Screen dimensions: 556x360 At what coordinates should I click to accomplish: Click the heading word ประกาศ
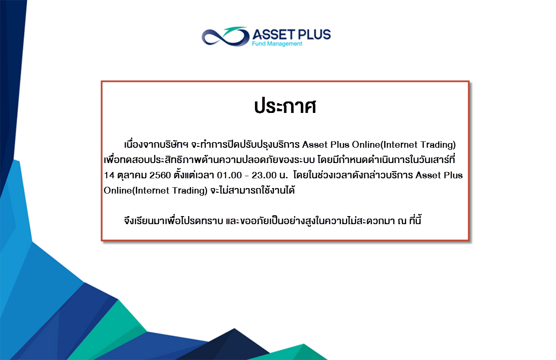(285, 107)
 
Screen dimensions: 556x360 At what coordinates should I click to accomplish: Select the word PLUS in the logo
(315, 34)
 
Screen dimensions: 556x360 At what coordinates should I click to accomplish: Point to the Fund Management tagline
(277, 44)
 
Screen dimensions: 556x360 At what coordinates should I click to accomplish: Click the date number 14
(109, 175)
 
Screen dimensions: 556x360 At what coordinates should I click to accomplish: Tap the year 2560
(160, 175)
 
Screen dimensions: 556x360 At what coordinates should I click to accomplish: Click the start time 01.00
(229, 175)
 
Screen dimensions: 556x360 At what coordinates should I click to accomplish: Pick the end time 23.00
(264, 175)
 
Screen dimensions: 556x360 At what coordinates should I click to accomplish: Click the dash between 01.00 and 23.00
(247, 176)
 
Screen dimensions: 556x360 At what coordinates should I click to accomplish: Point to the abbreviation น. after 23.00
(284, 176)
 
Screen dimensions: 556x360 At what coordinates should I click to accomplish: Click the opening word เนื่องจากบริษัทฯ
(156, 144)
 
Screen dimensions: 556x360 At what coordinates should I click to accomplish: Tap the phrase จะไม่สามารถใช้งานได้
(253, 190)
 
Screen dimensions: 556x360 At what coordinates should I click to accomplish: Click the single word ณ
(402, 221)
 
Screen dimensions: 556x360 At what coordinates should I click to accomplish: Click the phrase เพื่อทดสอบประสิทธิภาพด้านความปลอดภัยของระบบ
(209, 159)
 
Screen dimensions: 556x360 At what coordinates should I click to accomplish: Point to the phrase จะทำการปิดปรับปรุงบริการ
(245, 144)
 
